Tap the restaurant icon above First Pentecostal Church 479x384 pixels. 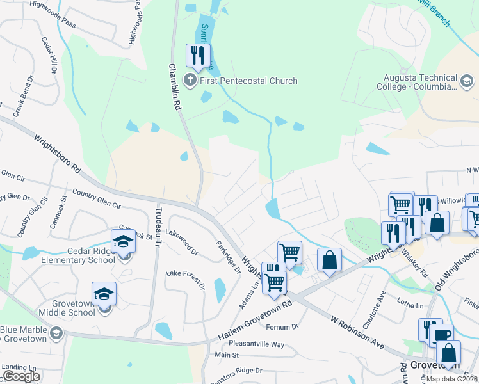(x=198, y=54)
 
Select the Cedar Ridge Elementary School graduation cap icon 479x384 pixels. (x=123, y=242)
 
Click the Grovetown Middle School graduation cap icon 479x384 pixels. (x=104, y=294)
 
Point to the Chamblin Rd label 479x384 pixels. (x=175, y=88)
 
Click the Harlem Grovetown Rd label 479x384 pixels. (x=255, y=321)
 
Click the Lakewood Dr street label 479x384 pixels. (x=182, y=242)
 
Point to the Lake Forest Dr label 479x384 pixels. (x=185, y=281)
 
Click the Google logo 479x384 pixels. (x=22, y=376)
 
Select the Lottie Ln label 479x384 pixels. (x=410, y=306)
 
